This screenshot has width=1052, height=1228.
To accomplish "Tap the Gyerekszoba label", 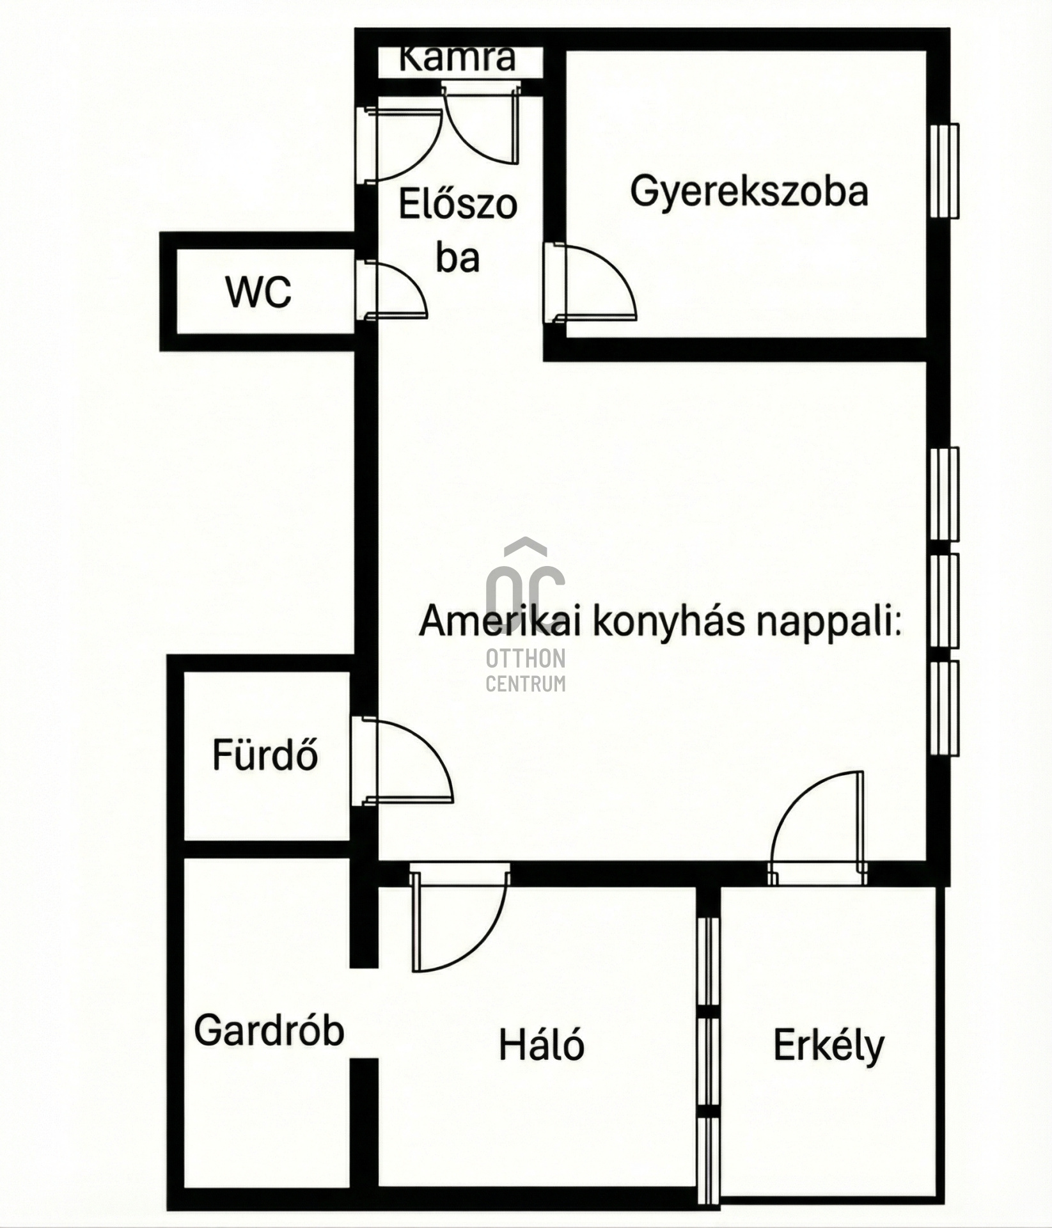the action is click(750, 191).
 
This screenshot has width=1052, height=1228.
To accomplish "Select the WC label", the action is click(258, 292).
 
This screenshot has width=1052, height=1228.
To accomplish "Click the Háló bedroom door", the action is click(459, 917).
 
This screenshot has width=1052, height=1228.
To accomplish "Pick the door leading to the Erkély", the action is click(819, 828).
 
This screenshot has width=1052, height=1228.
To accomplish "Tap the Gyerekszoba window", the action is click(944, 171).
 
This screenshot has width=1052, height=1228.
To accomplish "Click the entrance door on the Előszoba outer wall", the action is click(400, 145).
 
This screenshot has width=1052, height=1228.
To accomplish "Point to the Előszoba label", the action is click(458, 231).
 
